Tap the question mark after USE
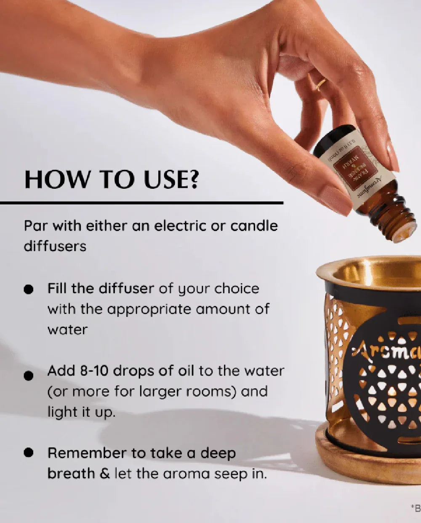(192, 180)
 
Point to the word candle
(254, 226)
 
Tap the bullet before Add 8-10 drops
(29, 376)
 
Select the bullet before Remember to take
(29, 453)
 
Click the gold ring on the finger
(321, 84)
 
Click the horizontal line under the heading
(141, 203)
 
